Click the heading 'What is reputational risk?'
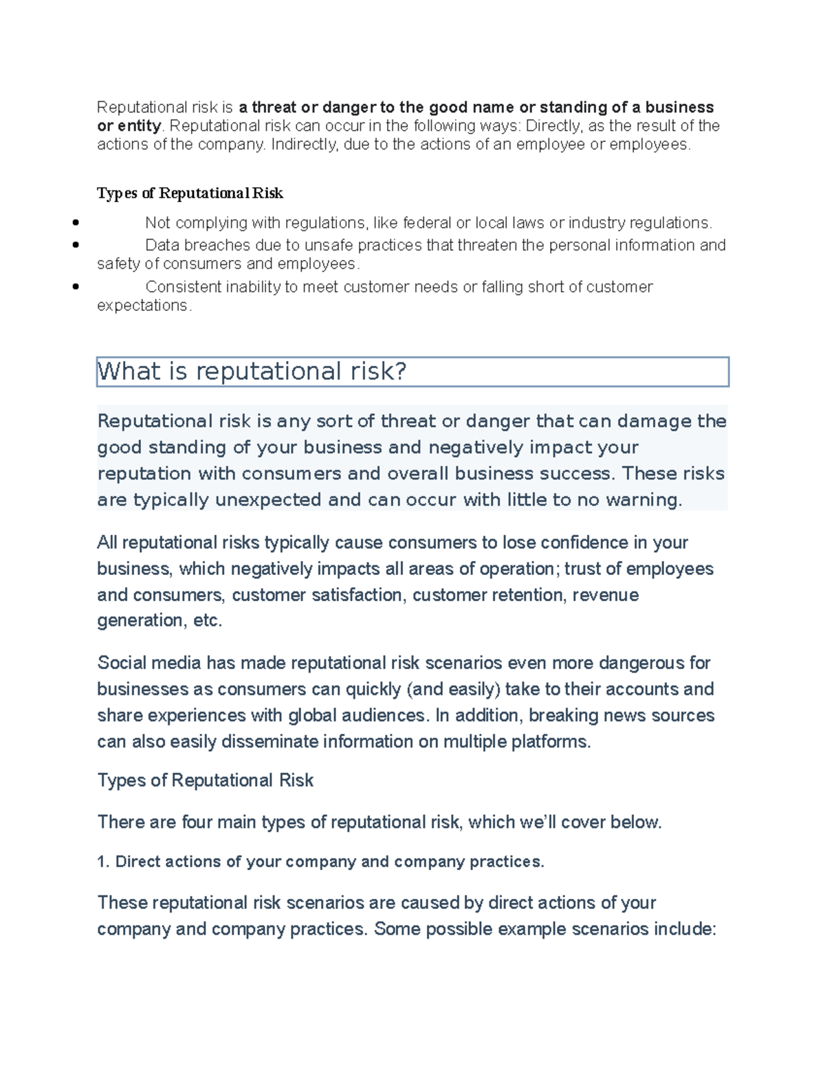pos(252,371)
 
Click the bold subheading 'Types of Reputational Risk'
pos(190,193)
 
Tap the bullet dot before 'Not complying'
pos(76,222)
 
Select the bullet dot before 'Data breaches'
pos(76,244)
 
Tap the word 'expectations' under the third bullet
pos(142,305)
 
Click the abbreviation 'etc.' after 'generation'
pos(208,621)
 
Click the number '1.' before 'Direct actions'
pos(104,862)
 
